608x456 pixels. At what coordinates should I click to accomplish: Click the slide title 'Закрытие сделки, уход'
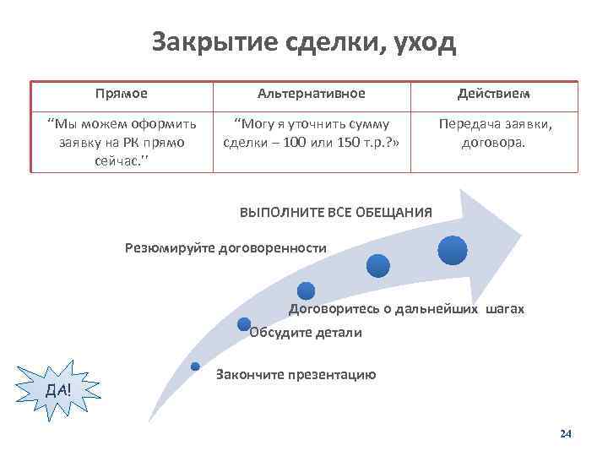tap(304, 41)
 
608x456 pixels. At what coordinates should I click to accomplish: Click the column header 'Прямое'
tap(122, 93)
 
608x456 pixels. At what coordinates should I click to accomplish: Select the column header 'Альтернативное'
tap(312, 93)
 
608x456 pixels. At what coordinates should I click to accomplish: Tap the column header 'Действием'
tap(494, 93)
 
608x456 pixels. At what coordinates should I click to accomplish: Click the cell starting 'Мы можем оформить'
tap(122, 141)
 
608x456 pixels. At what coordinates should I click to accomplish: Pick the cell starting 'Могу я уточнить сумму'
tap(311, 133)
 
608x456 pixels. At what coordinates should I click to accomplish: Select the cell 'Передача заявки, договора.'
tap(494, 133)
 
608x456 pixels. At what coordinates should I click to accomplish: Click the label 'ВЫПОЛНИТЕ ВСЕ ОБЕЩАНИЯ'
tap(336, 213)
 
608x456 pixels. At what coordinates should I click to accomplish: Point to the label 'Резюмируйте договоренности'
tap(225, 248)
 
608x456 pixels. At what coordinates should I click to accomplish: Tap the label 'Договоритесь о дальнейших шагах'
tap(406, 309)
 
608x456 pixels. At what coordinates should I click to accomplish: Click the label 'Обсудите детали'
tap(307, 333)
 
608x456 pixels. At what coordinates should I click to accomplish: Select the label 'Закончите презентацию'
tap(296, 374)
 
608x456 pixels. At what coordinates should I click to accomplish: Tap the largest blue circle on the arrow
tap(453, 249)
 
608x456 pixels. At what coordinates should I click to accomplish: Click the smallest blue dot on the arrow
tap(195, 366)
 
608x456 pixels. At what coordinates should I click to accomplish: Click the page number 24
tap(566, 433)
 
